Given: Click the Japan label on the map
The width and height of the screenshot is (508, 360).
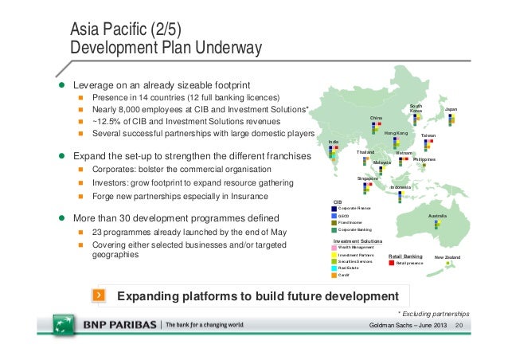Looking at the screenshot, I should tap(451, 108).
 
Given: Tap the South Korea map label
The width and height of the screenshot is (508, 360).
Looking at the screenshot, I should tap(416, 108).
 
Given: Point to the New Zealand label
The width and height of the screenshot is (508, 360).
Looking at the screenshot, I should tap(447, 256).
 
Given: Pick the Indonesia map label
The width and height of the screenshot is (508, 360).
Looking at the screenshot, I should tap(401, 186).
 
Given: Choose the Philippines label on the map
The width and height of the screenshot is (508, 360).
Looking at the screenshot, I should tap(424, 159).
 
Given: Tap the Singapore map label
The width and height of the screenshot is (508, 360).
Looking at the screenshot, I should tap(367, 178).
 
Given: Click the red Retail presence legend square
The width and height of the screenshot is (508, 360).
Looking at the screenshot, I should tap(391, 262).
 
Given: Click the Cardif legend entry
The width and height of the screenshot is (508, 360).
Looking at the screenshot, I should tap(344, 276).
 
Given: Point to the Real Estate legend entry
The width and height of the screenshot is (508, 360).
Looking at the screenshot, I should tap(349, 268).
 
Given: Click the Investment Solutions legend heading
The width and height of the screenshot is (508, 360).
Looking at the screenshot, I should tap(357, 240).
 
